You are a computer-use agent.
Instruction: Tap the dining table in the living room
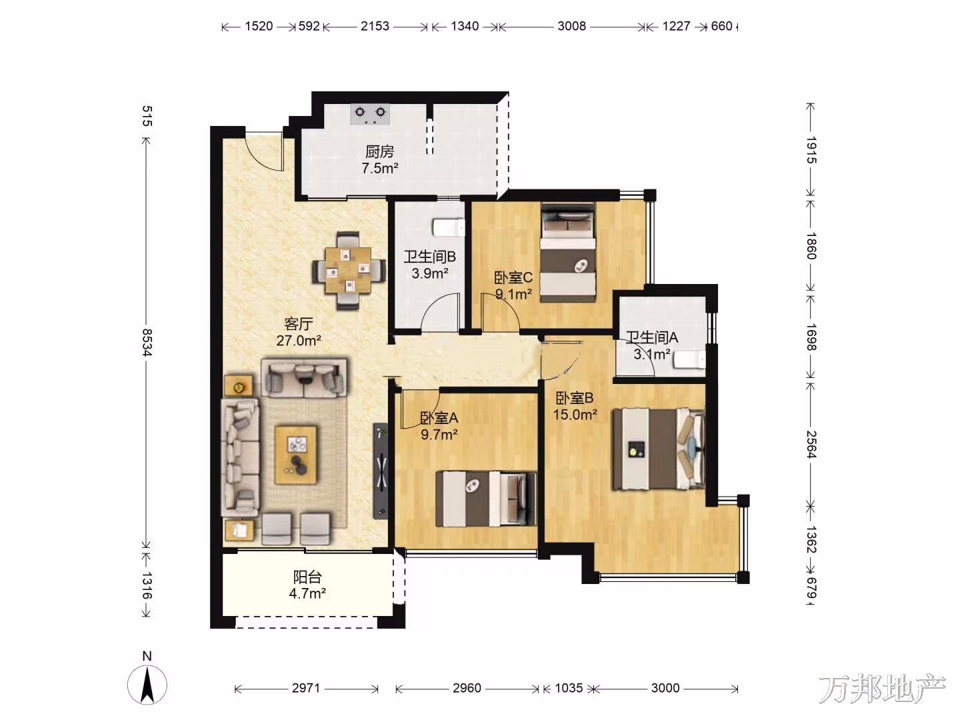pos(348,271)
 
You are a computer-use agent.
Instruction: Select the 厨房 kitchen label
pos(379,152)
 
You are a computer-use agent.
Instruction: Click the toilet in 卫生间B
pos(449,227)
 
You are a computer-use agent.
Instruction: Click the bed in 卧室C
pos(568,252)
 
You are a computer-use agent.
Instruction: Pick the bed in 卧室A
pos(486,499)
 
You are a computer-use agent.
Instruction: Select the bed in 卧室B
pos(659,449)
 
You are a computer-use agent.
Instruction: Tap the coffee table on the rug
pos(295,455)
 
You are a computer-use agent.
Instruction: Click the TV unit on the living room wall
pos(381,471)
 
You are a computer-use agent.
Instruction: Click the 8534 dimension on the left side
pos(147,343)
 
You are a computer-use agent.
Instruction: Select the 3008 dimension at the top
pos(571,26)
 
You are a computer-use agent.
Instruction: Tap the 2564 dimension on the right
pos(811,444)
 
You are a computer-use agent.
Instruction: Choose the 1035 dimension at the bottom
pos(569,689)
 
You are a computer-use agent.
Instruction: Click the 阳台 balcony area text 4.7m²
pos(307,593)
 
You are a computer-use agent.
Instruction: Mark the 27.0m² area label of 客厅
pos(299,340)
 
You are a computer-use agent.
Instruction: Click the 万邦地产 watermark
pos(882,689)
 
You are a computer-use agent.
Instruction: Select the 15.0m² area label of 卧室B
pos(575,414)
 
